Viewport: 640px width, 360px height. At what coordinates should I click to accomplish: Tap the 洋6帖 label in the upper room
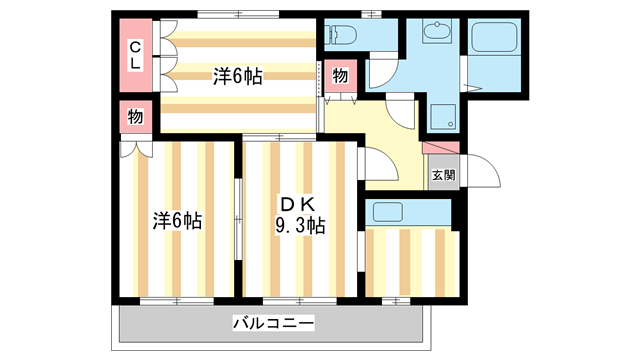pyautogui.click(x=238, y=76)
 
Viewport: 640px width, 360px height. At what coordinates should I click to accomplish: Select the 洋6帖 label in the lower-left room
pyautogui.click(x=177, y=220)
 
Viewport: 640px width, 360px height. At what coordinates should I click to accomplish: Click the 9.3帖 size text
pyautogui.click(x=301, y=225)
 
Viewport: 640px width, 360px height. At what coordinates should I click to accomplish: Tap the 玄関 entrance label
pyautogui.click(x=444, y=175)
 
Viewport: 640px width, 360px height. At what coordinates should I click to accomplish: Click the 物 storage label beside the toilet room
pyautogui.click(x=340, y=76)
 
